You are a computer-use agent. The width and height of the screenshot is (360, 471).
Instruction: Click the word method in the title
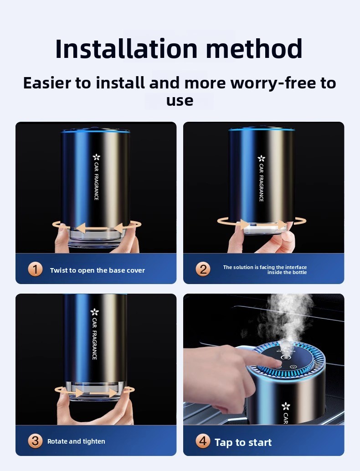point(254,48)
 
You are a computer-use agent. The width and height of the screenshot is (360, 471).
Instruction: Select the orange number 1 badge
point(36,269)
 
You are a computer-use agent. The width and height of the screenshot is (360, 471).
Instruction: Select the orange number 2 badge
point(203,269)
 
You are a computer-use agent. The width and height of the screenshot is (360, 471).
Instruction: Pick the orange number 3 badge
point(35,441)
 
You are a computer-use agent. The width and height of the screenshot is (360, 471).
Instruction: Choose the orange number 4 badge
point(203,441)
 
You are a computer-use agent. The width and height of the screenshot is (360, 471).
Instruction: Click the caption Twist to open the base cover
point(97,270)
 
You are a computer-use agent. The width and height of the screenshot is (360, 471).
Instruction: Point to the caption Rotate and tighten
point(76,441)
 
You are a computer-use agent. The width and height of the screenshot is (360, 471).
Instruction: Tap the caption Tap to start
point(243,442)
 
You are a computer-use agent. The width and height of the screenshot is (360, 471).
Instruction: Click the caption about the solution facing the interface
point(265,270)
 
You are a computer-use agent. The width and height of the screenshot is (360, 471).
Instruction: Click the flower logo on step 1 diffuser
point(97,157)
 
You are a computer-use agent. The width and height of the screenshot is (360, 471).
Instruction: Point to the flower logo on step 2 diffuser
point(261,158)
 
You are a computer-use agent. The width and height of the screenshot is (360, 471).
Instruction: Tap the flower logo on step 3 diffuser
point(95,312)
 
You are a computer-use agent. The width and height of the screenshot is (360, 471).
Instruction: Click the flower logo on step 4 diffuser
point(286,406)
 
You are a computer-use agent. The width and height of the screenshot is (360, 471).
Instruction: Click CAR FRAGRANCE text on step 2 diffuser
point(261,183)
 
